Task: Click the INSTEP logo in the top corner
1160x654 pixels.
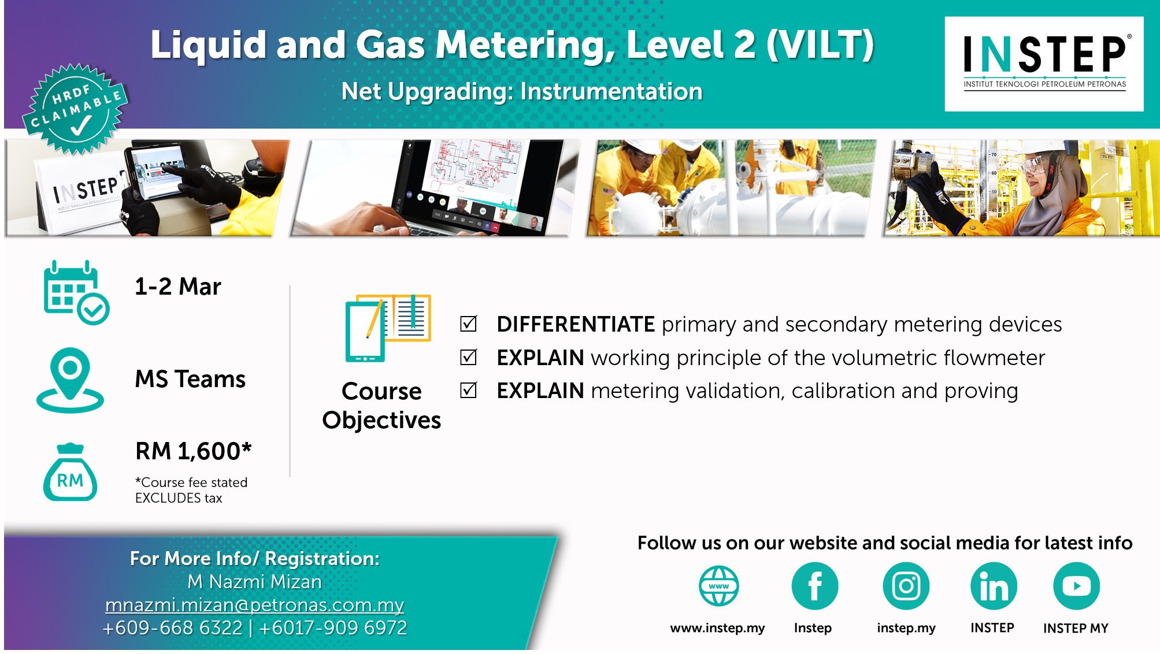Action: pos(1044,64)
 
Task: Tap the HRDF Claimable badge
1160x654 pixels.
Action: pos(76,109)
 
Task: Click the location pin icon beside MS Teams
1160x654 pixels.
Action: pos(70,380)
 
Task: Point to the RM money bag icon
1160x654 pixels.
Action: pos(70,472)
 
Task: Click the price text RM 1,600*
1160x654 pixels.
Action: pos(194,451)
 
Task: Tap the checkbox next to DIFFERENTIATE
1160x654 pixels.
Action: pos(468,324)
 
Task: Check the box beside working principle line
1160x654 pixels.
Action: pos(468,357)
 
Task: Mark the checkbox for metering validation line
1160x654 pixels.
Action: pos(468,391)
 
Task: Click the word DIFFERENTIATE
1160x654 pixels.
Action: pos(576,324)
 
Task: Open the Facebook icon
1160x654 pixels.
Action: pos(814,586)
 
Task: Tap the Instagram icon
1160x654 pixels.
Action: pos(906,586)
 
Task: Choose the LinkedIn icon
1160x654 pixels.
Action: pos(994,586)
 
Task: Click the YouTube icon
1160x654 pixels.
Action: pos(1076,586)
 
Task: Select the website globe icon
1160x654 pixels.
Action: pos(718,586)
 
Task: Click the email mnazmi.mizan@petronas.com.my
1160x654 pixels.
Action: pos(254,605)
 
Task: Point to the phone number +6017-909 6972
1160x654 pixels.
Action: pos(333,628)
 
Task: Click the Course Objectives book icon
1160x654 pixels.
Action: pos(388,328)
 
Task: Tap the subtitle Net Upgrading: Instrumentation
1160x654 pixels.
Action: pos(521,91)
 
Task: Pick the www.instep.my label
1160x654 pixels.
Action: pos(717,628)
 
